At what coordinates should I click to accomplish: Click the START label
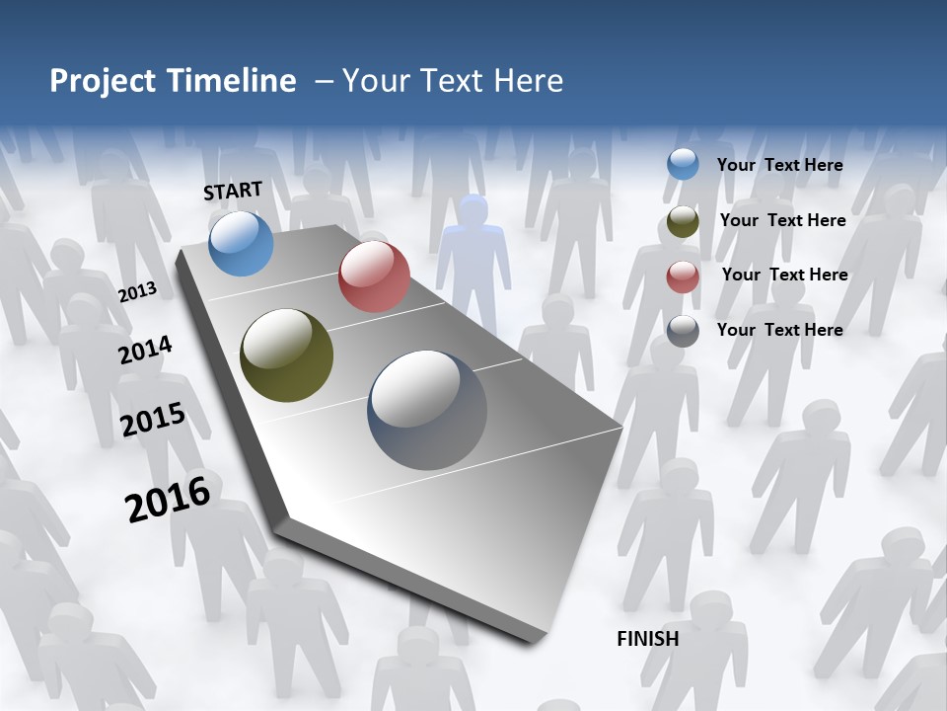[233, 191]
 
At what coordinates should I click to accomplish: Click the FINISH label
[647, 639]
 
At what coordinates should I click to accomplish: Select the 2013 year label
[137, 292]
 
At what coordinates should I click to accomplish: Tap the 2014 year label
[145, 351]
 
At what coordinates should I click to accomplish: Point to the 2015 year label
[153, 420]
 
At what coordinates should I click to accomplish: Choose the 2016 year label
[168, 500]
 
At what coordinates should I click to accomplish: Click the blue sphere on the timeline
[241, 243]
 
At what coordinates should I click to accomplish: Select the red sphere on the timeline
[374, 276]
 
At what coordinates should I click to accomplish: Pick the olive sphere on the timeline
[286, 355]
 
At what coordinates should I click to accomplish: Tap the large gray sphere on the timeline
[427, 410]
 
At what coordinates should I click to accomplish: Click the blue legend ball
[683, 165]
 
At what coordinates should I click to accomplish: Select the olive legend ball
[683, 221]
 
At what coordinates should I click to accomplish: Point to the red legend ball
[683, 276]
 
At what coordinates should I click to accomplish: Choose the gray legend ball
[683, 331]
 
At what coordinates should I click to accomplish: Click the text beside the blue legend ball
[779, 165]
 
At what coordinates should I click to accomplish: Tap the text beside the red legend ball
[784, 275]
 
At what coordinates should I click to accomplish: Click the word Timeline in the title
[233, 81]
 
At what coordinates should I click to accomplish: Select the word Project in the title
[103, 81]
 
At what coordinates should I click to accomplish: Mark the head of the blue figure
[473, 210]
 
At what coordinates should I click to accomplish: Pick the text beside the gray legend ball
[779, 330]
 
